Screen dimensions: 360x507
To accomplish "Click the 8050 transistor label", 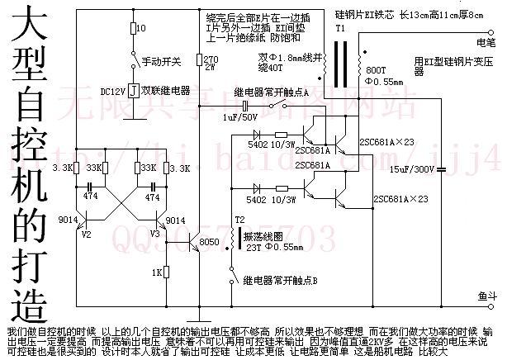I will coord(211,241).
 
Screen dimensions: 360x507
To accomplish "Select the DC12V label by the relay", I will coord(113,90).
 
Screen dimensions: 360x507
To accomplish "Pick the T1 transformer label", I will coord(339,28).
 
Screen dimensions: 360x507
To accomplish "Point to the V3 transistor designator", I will coord(154,234).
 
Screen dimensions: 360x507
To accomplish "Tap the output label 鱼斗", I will coord(486,294).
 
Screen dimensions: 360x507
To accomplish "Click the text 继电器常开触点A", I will coord(272,93).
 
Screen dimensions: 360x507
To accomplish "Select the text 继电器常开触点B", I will coord(281,281).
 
